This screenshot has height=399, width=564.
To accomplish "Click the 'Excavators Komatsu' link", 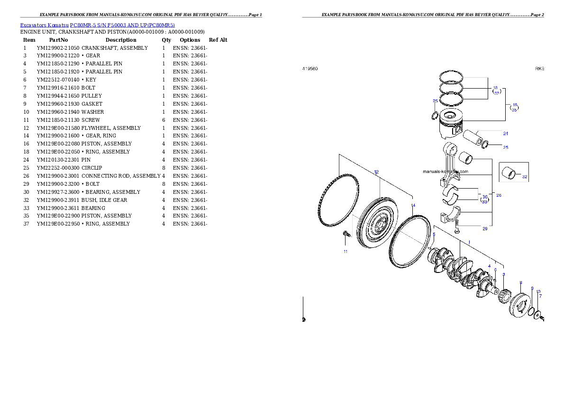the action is point(44,25).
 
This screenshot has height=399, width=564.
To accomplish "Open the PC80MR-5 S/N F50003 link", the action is point(122,25).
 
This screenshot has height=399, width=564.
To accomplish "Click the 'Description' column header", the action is point(121,40).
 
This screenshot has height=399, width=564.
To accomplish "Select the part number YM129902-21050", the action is point(58,48).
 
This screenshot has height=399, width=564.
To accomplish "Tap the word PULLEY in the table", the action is point(92,96).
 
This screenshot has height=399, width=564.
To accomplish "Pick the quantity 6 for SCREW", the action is point(164,120).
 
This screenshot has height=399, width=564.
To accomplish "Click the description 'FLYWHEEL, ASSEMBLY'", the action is point(111,128).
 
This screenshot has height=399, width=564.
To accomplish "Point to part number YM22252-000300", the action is point(58,168).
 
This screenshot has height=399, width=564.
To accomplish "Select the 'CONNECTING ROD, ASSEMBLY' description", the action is point(121,176).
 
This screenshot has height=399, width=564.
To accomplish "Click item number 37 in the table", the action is point(26,224).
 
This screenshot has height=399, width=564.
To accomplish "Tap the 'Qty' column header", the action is point(166,40).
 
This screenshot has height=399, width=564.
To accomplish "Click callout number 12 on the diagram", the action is point(376,172).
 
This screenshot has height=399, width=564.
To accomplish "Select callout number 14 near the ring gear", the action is point(413,206).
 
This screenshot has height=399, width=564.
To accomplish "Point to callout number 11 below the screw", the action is point(346,252).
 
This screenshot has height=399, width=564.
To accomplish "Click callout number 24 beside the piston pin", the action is point(505,134).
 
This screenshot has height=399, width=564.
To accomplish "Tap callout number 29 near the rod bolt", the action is point(485,228).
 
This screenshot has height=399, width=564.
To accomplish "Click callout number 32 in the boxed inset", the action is point(525,177).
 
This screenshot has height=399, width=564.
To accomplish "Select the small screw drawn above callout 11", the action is point(347,234).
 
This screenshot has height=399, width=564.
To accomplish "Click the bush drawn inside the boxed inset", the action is point(509,172).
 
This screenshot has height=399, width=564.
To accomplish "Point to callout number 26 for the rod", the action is point(499,195).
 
